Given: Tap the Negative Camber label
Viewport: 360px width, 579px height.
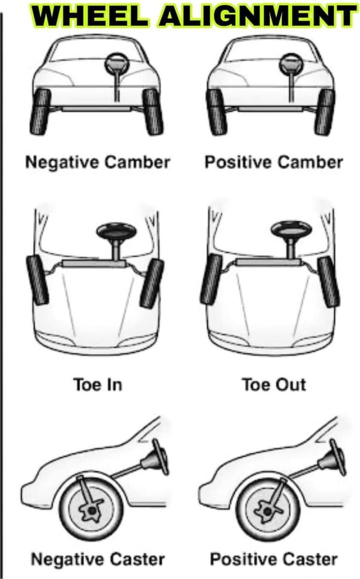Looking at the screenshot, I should (97, 162).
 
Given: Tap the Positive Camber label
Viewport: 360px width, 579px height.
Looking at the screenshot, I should (273, 162).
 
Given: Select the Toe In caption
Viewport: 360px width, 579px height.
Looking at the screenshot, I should (97, 385).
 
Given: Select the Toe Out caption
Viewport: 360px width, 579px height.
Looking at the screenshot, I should (273, 385).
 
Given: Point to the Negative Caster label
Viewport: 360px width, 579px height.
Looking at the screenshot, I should (97, 559).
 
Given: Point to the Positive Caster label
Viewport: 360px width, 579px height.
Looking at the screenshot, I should (273, 559).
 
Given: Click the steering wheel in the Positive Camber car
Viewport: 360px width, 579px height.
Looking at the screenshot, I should (291, 62).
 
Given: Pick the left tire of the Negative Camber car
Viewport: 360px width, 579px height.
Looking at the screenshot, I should (40, 111).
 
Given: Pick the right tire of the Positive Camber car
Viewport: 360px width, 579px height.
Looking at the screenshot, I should (325, 111).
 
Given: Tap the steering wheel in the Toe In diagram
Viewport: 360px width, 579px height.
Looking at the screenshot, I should (116, 230).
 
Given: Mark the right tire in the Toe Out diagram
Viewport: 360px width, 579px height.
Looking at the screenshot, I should (328, 282).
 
